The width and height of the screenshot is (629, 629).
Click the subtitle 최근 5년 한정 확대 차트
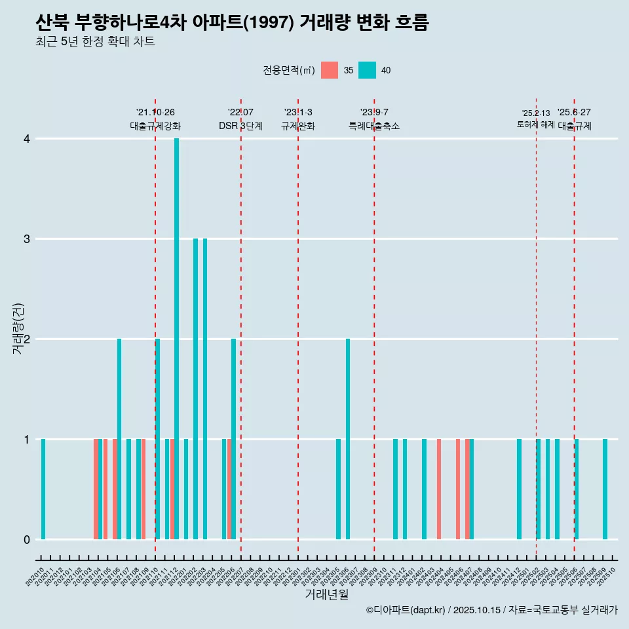[95, 42]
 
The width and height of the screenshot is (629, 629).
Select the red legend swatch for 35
[330, 70]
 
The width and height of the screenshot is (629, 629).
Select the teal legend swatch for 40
[368, 70]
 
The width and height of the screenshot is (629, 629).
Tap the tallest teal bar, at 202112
[176, 339]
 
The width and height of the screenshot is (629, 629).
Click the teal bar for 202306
[348, 439]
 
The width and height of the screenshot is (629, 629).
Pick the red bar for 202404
[439, 489]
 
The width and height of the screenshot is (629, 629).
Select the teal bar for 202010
[43, 489]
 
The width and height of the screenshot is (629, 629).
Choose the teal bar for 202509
[605, 489]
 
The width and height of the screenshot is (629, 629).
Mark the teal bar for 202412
[520, 489]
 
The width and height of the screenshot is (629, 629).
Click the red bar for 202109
[143, 489]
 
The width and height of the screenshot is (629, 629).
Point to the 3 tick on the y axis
[27, 238]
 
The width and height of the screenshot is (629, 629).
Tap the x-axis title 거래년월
[326, 594]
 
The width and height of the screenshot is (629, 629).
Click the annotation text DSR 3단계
[240, 126]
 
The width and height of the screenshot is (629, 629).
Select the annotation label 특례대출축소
[374, 126]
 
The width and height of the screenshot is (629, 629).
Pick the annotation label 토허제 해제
[536, 124]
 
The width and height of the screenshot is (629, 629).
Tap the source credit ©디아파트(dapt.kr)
[406, 610]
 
